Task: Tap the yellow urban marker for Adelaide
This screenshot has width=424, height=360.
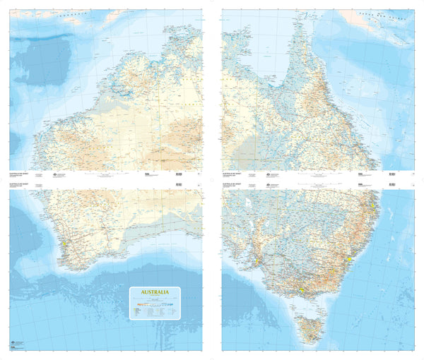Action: pyautogui.click(x=256, y=264)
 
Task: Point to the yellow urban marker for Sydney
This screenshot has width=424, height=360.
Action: pyautogui.click(x=349, y=260)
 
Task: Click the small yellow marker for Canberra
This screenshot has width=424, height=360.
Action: pyautogui.click(x=335, y=271)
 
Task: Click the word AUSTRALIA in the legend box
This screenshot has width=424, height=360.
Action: pyautogui.click(x=155, y=292)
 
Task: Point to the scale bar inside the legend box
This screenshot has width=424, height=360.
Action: pyautogui.click(x=155, y=299)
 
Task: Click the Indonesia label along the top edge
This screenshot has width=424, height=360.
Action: pyautogui.click(x=71, y=13)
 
